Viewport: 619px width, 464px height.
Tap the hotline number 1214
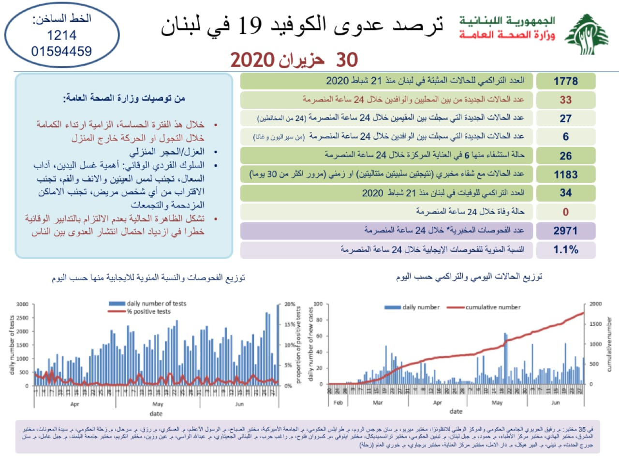(61, 35)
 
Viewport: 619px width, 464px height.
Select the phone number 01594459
(61, 51)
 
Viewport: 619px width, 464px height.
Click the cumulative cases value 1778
(566, 81)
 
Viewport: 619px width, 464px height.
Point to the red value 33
(566, 100)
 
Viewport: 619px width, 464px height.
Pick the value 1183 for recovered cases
(566, 174)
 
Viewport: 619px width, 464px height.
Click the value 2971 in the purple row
(566, 231)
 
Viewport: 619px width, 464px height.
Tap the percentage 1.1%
(566, 249)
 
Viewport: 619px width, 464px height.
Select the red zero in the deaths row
(566, 212)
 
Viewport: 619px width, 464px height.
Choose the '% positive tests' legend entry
(148, 311)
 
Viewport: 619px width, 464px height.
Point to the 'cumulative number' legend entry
(493, 307)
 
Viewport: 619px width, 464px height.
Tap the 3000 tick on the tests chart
(22, 304)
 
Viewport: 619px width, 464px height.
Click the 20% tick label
(289, 304)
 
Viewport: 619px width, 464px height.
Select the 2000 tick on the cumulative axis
(595, 304)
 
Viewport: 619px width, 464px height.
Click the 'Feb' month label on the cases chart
(338, 403)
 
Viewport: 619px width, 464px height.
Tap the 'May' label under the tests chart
(158, 404)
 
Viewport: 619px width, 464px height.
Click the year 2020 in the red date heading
(252, 60)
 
